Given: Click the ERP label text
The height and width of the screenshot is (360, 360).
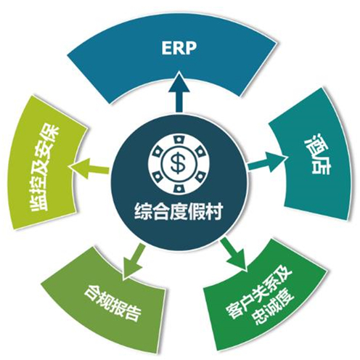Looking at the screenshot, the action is click(x=179, y=49).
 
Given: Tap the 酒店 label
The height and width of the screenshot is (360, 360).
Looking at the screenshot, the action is click(x=317, y=154).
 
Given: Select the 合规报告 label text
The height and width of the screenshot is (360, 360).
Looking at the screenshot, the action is click(x=112, y=303).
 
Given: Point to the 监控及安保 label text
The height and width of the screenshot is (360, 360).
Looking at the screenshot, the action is click(x=44, y=168).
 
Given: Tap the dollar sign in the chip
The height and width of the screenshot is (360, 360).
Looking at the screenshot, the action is click(x=178, y=161).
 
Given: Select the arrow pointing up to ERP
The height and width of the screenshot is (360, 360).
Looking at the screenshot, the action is click(x=179, y=92).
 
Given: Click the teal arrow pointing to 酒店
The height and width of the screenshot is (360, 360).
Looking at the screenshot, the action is click(x=268, y=162).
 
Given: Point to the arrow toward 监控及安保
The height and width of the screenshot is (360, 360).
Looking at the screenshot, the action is click(x=89, y=168).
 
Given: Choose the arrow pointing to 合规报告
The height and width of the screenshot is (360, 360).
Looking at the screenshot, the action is click(x=134, y=261).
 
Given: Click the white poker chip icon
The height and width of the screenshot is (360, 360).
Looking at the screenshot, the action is click(x=179, y=164).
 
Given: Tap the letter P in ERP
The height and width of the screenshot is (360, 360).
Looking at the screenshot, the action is click(x=191, y=49).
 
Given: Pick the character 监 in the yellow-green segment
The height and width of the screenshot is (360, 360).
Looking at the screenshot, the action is click(x=38, y=202).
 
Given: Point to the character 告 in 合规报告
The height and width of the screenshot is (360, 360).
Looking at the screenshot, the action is click(x=132, y=313).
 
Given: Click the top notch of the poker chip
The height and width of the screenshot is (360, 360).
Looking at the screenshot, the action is click(x=179, y=141).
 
